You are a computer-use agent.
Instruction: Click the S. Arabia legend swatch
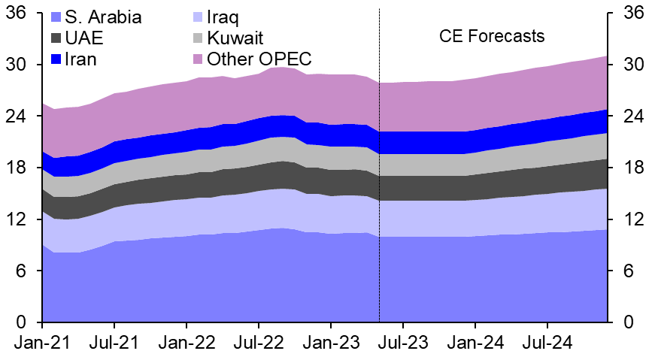[x=57, y=17]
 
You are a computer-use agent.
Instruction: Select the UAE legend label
[x=84, y=38]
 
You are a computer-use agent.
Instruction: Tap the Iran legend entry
[x=80, y=59]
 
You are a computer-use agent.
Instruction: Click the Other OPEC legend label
[x=259, y=59]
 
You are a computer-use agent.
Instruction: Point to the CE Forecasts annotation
[x=492, y=36]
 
